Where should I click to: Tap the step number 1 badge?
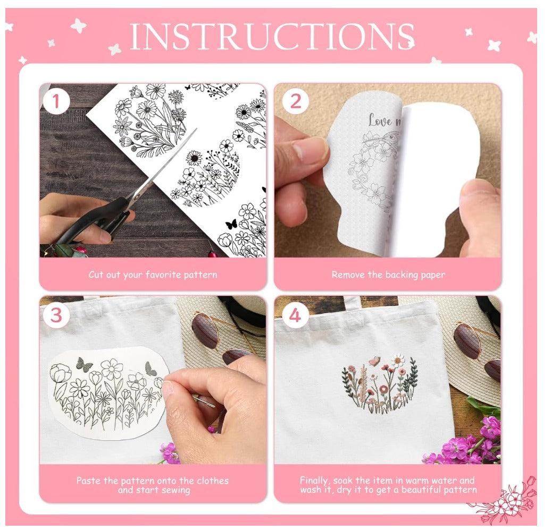[x=56, y=101]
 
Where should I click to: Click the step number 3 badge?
[x=56, y=315]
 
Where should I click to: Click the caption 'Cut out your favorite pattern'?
[x=153, y=275]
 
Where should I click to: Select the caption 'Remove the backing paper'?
[x=388, y=275]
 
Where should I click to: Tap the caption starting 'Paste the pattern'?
[x=153, y=485]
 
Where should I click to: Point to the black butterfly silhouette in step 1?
[x=231, y=225]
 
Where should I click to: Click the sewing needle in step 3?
[x=204, y=401]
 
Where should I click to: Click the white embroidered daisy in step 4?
[x=398, y=361]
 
